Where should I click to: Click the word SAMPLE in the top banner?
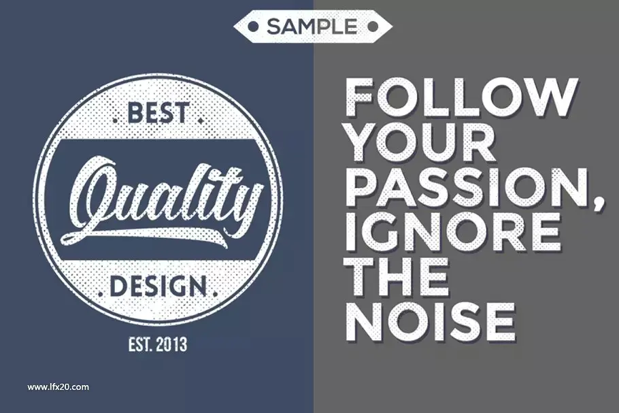tap(312, 27)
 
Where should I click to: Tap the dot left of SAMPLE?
tap(252, 27)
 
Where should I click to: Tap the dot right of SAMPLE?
tap(372, 27)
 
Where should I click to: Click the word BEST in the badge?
tap(157, 112)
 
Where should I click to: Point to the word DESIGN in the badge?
tap(158, 286)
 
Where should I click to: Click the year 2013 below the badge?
tap(171, 345)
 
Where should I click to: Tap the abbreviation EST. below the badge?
tap(140, 345)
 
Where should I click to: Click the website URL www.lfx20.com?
tap(58, 387)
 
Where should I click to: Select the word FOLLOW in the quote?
tap(461, 97)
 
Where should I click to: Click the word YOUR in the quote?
tap(422, 142)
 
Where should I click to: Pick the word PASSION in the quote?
tap(469, 186)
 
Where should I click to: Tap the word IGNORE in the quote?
tap(453, 231)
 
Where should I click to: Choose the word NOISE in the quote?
tap(431, 321)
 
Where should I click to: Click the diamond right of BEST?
tap(201, 120)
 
